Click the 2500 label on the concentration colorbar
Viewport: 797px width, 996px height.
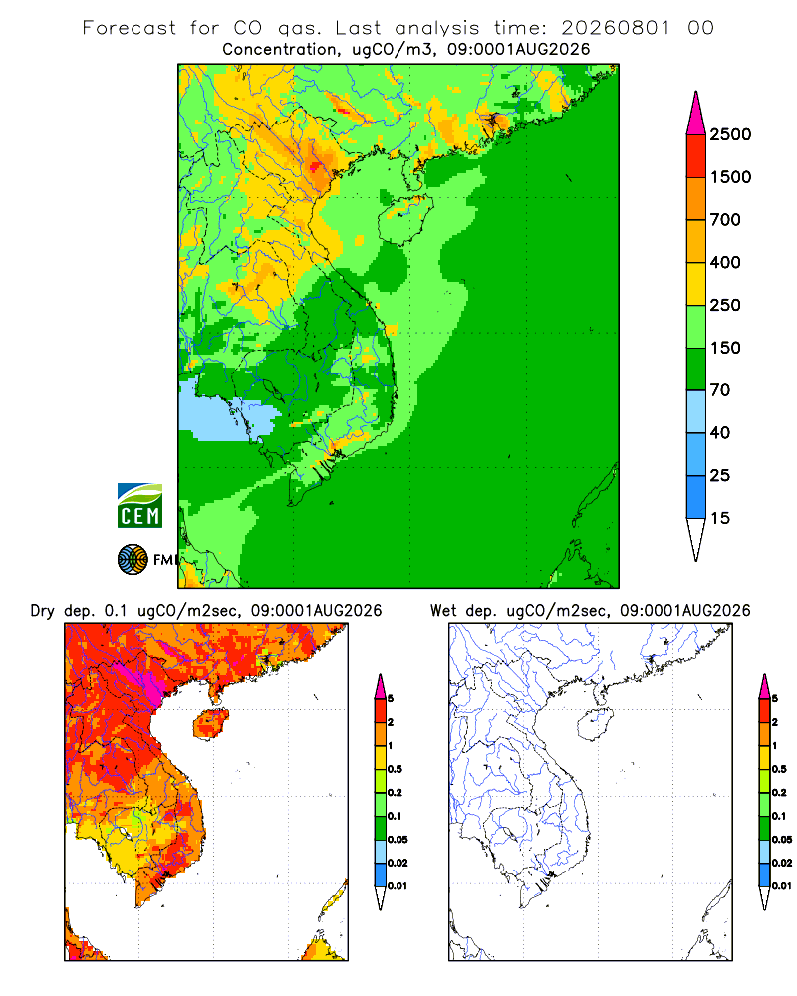(x=730, y=134)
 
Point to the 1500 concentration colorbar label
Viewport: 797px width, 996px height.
(x=730, y=177)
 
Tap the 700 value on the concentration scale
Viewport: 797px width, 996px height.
(x=725, y=220)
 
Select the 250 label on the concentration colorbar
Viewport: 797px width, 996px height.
(x=725, y=305)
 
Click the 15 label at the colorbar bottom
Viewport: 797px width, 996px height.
(x=720, y=518)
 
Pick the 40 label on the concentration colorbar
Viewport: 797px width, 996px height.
(x=720, y=432)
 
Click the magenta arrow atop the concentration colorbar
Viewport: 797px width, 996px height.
(x=696, y=114)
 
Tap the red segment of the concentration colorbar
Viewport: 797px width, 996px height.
(x=696, y=156)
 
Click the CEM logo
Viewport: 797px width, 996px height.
(x=139, y=506)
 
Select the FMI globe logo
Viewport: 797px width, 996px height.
(x=133, y=560)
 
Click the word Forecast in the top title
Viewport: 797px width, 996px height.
(x=130, y=28)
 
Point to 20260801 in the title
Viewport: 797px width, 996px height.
(x=616, y=28)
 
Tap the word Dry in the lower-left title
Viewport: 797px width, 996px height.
(x=43, y=611)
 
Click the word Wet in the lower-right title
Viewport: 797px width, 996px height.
(x=443, y=611)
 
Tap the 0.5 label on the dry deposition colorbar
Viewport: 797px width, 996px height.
(x=395, y=769)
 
